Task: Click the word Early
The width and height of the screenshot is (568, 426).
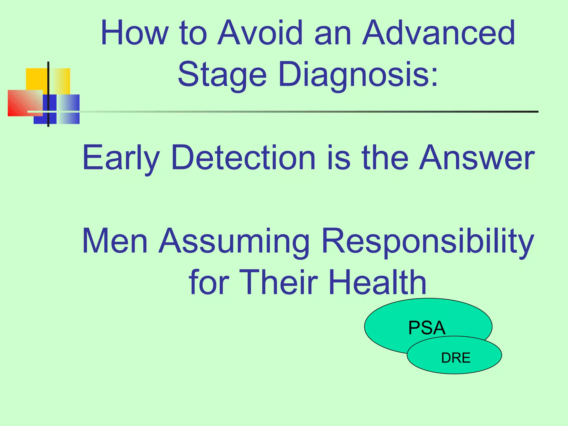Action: [x=121, y=158]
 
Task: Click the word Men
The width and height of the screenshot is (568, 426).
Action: [x=115, y=241]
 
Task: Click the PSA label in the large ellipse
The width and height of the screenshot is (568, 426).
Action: [x=427, y=328]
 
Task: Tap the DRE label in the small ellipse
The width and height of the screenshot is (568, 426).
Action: [x=456, y=358]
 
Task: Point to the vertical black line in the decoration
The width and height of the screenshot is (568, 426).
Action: [x=48, y=83]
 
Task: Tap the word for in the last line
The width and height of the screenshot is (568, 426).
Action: [x=209, y=282]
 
